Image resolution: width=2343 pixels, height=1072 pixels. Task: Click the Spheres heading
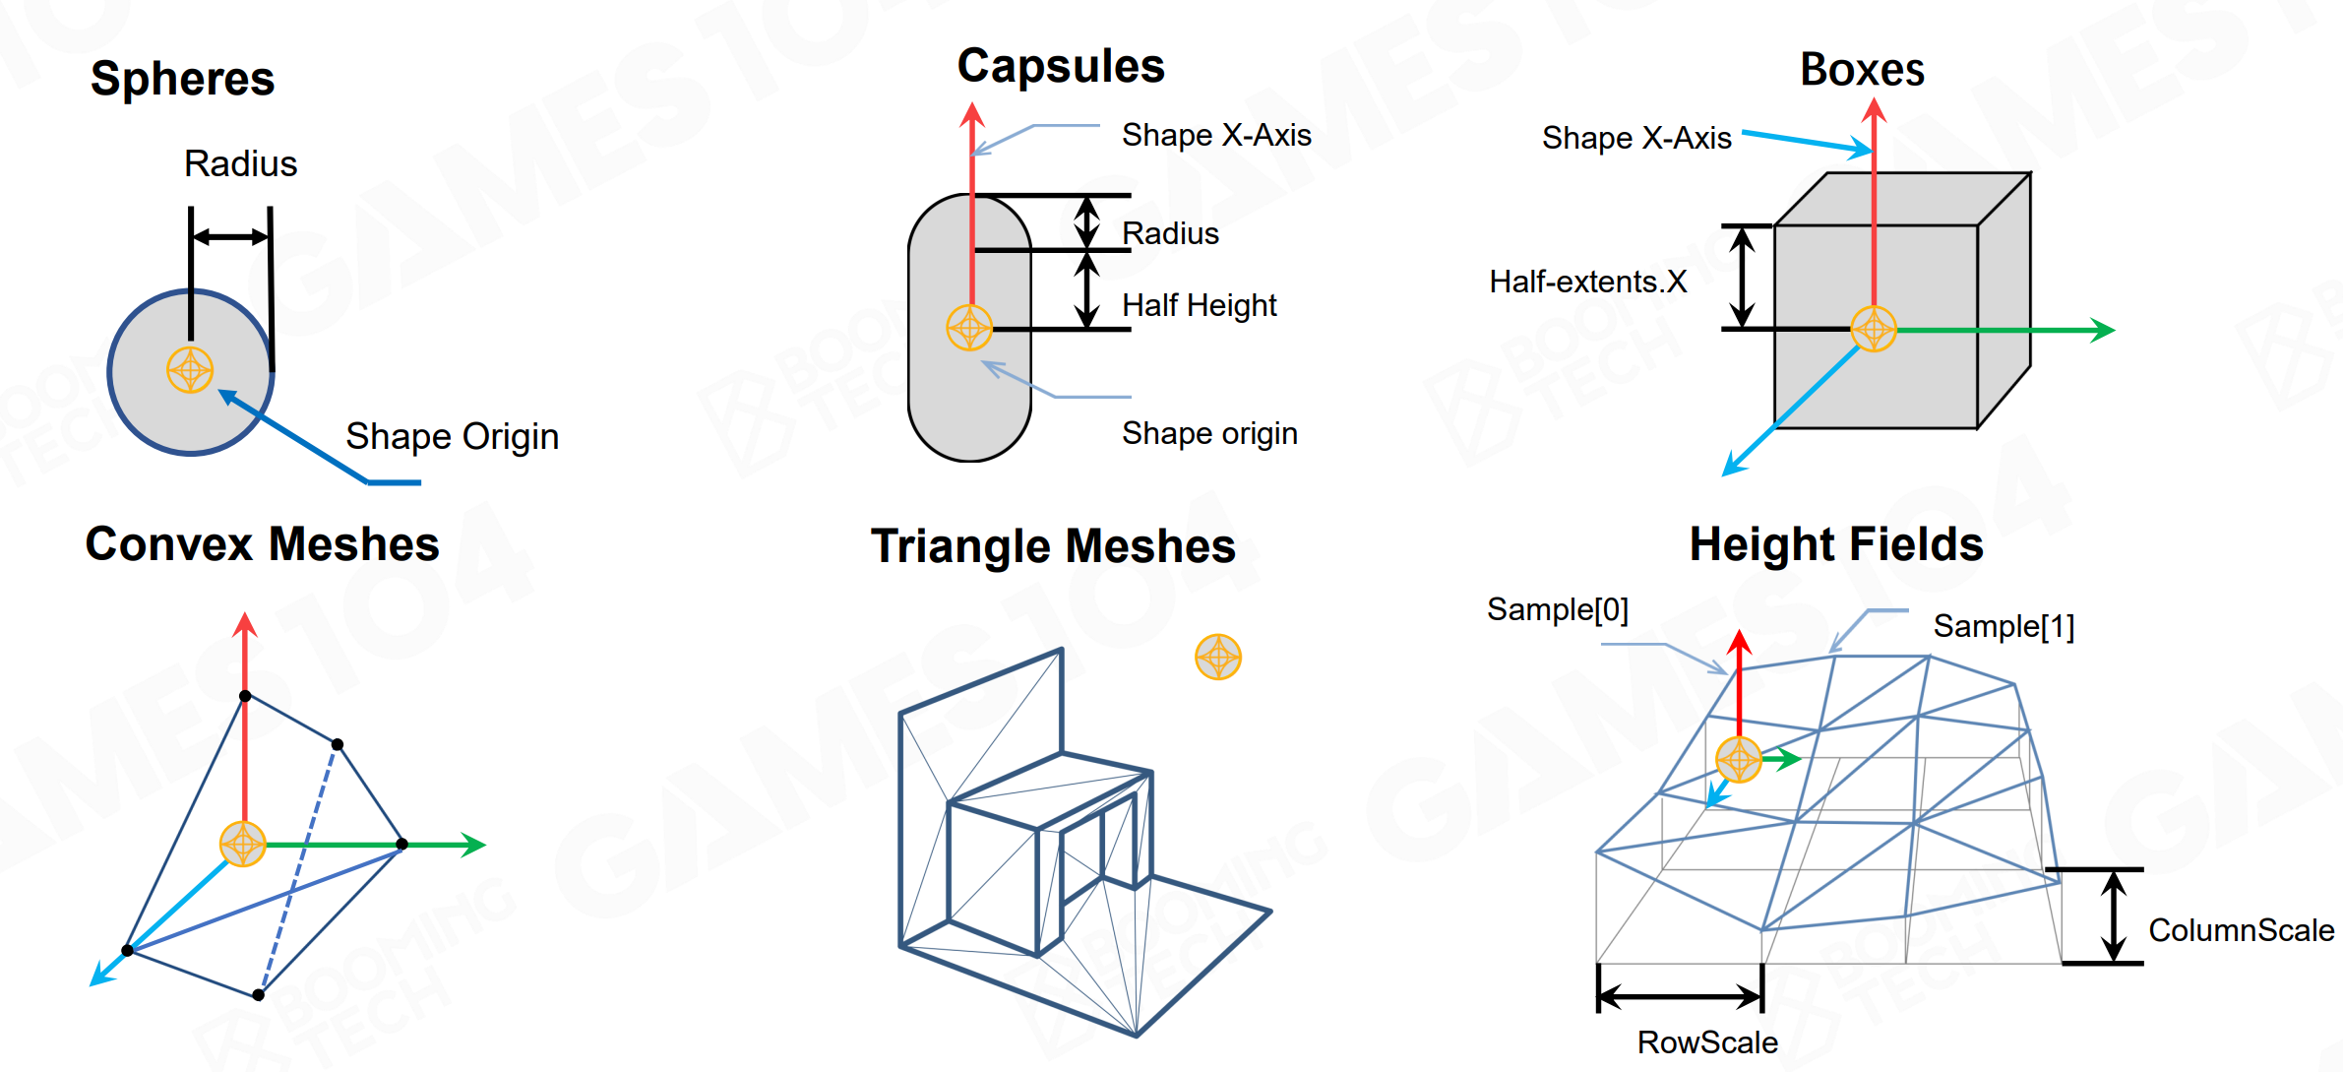182,79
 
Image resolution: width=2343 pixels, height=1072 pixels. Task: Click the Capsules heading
1061,67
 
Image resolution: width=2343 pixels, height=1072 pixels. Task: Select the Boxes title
1862,70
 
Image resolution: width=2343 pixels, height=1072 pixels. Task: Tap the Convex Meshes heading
262,544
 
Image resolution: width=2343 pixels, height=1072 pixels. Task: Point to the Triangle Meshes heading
1053,546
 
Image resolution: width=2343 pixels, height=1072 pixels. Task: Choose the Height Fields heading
1836,544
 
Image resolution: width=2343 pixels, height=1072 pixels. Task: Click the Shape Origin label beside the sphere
453,436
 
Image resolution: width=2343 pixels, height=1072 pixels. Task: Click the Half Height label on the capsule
1200,306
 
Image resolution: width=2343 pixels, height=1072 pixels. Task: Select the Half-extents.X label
1588,282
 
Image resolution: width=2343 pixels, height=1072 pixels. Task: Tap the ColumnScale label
2242,930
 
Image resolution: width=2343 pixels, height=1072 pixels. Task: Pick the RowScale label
1707,1042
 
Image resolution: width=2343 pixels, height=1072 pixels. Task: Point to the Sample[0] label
1558,610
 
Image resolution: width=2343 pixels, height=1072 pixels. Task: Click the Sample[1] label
2004,627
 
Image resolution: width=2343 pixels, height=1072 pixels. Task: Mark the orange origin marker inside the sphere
190,370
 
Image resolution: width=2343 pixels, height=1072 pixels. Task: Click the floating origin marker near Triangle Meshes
1218,657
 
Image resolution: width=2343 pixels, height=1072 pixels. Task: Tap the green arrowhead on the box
2102,330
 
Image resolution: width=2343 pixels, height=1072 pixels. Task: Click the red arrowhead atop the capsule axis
972,114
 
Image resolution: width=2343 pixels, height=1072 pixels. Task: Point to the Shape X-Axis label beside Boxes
1636,139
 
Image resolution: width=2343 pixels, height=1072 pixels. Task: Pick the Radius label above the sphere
240,163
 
